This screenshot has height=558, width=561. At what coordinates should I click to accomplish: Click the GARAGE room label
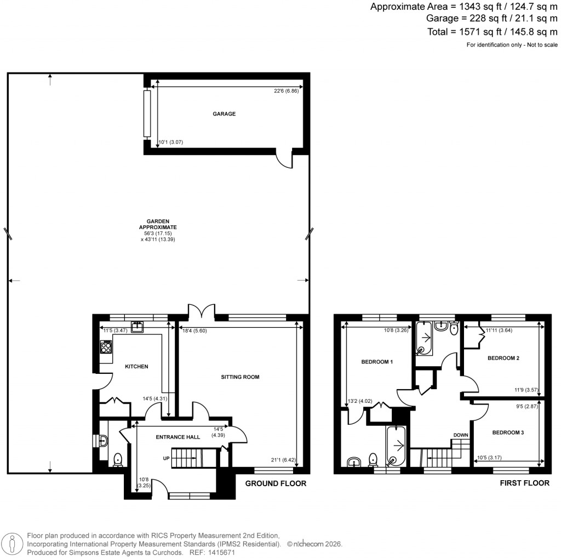click(224, 114)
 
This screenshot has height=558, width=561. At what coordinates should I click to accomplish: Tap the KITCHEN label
click(136, 367)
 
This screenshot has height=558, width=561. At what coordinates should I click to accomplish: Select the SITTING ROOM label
click(240, 377)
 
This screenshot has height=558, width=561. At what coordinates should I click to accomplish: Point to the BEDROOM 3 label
click(508, 432)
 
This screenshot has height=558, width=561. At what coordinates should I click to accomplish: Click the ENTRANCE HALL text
click(178, 436)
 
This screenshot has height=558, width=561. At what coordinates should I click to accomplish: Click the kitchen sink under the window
click(136, 327)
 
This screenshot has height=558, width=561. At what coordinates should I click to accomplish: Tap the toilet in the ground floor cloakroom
click(117, 460)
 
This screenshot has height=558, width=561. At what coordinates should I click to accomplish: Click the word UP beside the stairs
click(166, 458)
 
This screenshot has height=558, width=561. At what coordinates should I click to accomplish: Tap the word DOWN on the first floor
click(460, 435)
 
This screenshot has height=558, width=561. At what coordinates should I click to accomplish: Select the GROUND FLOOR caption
click(275, 483)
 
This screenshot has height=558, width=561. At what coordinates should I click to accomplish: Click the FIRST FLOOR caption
click(524, 483)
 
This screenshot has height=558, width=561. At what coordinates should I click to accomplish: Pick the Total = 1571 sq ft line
click(493, 32)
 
